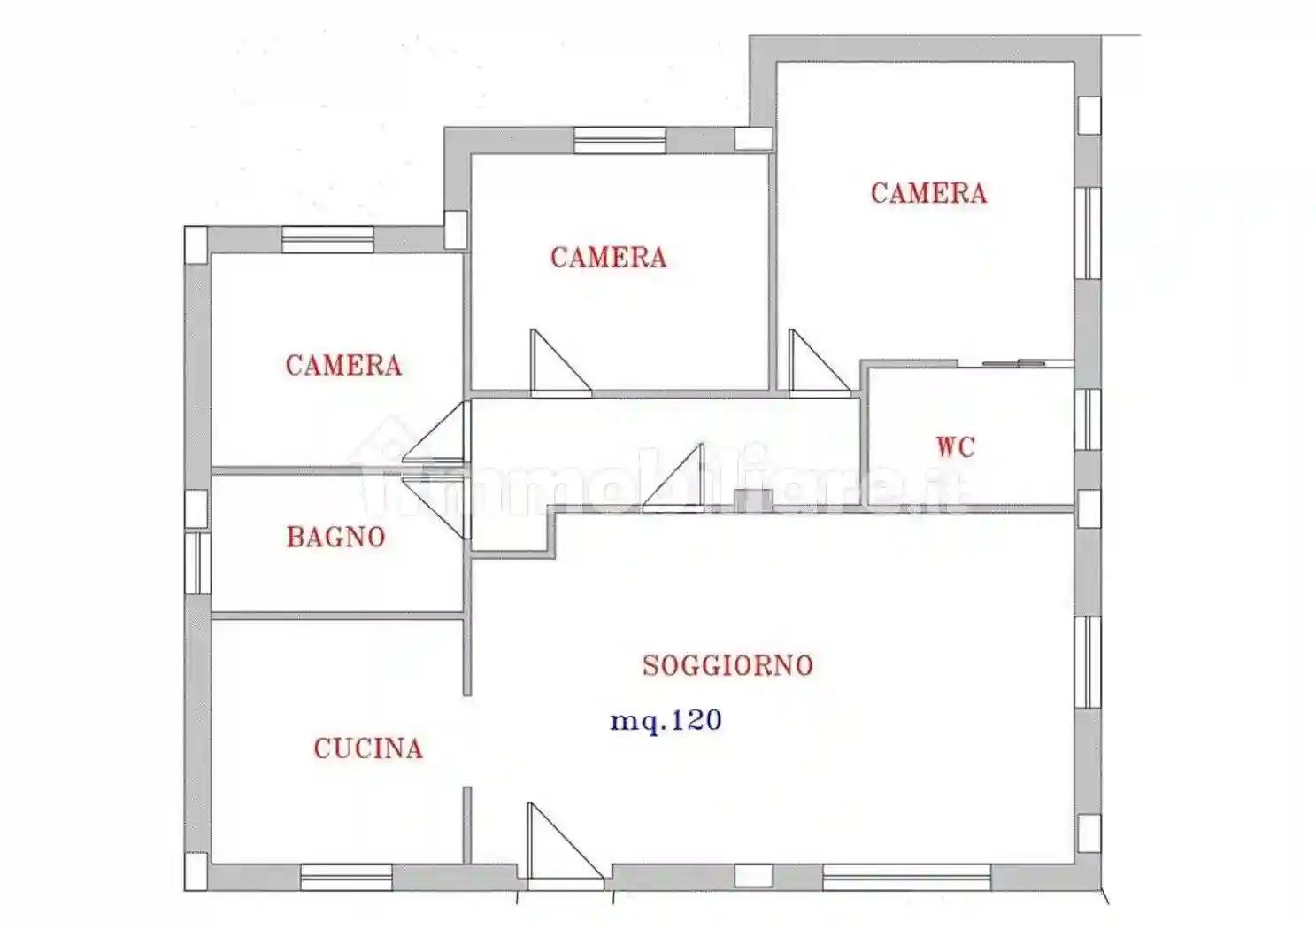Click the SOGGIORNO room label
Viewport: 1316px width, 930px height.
point(727,665)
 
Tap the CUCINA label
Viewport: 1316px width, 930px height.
point(368,748)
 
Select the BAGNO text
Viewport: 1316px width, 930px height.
point(335,537)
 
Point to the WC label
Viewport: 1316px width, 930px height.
point(956,446)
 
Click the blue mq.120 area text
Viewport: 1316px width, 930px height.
point(666,720)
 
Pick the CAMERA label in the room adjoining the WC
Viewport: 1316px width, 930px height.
point(928,193)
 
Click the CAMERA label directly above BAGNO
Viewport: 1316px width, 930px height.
point(343,365)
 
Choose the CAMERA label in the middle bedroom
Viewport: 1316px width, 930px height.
point(608,258)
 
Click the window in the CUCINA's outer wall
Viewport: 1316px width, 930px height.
point(346,877)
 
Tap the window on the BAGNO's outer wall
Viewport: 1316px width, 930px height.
point(197,562)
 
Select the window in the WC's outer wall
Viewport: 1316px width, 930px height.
point(1088,419)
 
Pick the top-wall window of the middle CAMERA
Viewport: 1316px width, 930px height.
point(620,140)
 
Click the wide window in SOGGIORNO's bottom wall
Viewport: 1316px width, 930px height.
point(905,877)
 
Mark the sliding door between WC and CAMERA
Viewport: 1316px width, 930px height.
point(1015,363)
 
